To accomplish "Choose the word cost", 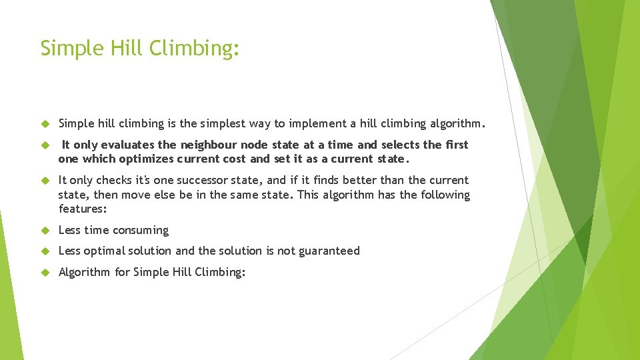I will tap(235, 159).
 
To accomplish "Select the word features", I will tap(82, 209).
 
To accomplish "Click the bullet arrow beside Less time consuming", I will tap(45, 231).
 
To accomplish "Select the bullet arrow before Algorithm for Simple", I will tap(45, 272).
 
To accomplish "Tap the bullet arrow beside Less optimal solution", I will tap(45, 251).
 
